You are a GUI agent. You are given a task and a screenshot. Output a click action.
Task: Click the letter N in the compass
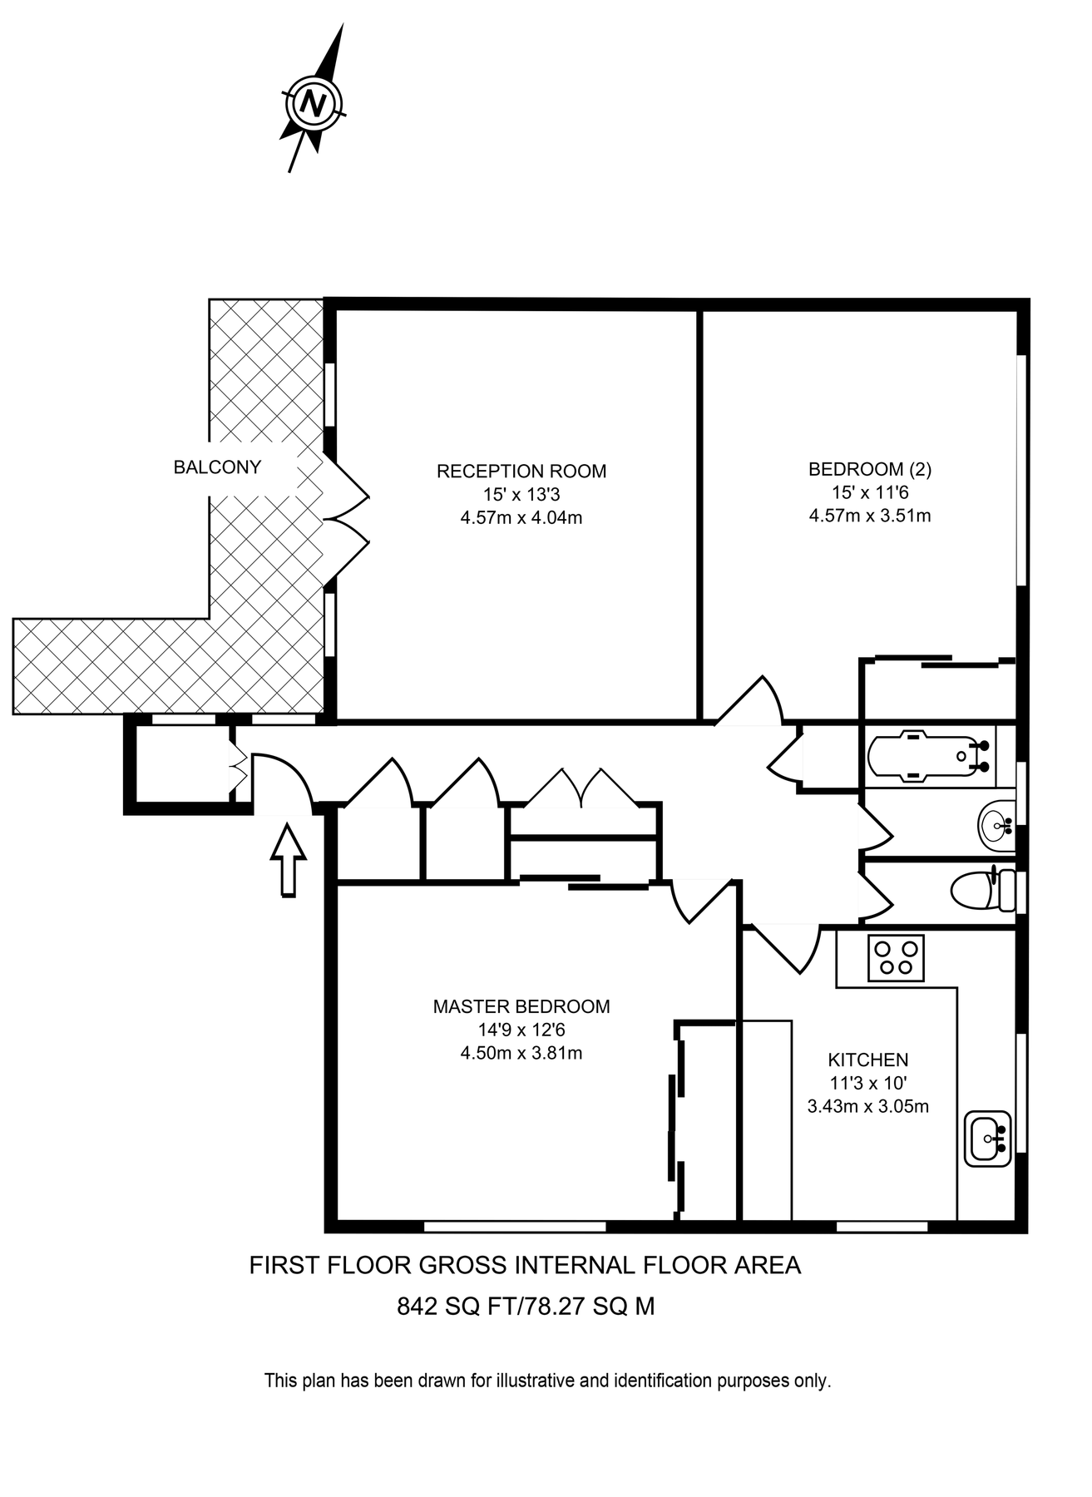(314, 104)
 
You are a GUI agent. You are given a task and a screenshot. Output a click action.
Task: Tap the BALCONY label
(217, 467)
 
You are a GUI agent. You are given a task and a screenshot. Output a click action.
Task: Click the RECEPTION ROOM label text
(521, 472)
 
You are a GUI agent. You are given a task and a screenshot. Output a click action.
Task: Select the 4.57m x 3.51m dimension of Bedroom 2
(870, 516)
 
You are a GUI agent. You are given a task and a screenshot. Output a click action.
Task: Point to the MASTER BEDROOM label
(521, 1007)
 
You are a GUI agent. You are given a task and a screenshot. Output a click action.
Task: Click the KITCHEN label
(867, 1060)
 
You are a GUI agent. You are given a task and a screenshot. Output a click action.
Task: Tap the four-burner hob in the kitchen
(896, 957)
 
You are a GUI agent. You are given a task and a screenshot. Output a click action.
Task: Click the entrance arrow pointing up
(289, 861)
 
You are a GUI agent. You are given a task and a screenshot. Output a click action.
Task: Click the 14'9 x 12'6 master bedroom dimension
(521, 1030)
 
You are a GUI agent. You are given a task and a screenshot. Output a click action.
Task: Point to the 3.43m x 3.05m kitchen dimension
(867, 1107)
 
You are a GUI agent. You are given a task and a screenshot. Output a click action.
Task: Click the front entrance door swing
(283, 782)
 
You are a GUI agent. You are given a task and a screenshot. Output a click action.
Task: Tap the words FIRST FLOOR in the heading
(329, 1266)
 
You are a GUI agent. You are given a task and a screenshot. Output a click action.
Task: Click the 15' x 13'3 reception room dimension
(521, 495)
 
